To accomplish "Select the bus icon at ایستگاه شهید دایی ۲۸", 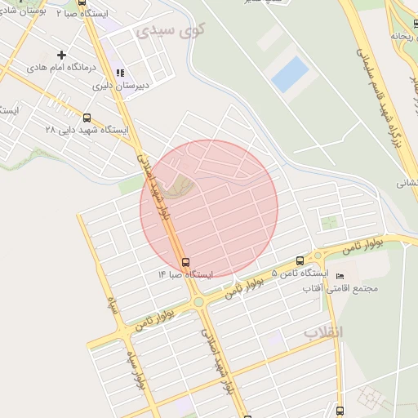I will click(x=87, y=118).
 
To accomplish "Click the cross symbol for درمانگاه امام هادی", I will click(x=62, y=56).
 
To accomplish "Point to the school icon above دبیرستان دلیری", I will click(x=121, y=72).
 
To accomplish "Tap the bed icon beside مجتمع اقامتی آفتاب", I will click(x=340, y=276).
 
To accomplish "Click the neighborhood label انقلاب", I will click(x=324, y=332).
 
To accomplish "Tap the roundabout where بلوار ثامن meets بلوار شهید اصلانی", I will click(x=198, y=303).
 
